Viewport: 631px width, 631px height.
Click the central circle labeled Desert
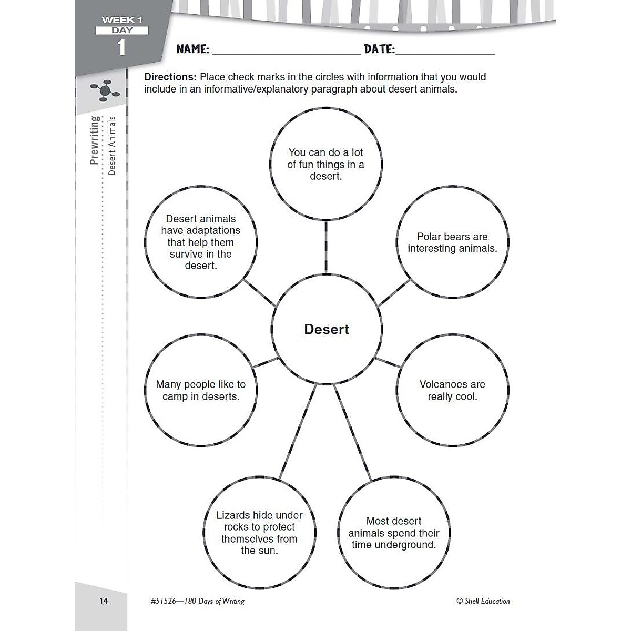coord(327,329)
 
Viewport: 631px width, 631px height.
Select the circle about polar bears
coord(453,242)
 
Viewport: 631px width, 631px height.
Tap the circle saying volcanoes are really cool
coord(453,390)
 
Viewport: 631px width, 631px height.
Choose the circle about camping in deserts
coord(201,390)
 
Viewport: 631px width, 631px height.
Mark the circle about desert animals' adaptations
coord(201,242)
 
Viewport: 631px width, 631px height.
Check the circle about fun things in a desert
coord(326,164)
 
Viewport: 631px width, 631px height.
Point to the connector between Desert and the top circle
coord(326,247)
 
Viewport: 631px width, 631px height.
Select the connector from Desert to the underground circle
coord(353,433)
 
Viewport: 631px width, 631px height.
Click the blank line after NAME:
coord(287,54)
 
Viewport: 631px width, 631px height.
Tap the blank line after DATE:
coord(445,54)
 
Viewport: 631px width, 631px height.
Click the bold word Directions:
coord(170,77)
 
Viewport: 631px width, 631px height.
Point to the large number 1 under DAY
coord(121,48)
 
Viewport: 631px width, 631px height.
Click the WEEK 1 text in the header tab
coord(122,20)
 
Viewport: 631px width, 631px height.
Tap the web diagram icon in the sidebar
coord(105,90)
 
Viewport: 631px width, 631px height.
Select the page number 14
coord(104,601)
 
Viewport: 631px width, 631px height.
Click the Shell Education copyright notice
coord(483,601)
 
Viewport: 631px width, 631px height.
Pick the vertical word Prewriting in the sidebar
coord(94,140)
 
